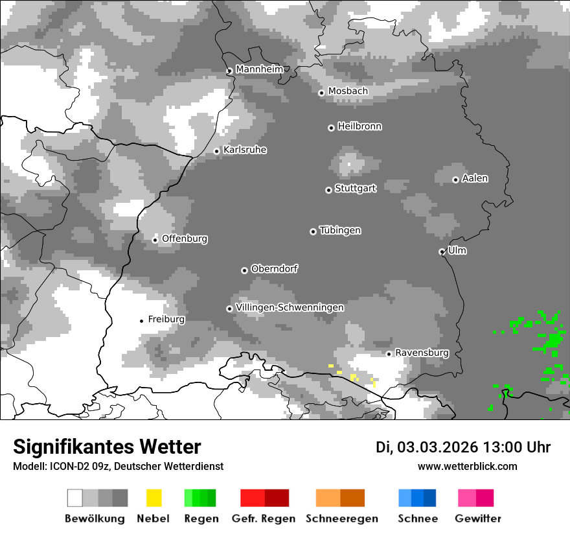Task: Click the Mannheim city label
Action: (x=259, y=69)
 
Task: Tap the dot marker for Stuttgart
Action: (x=328, y=190)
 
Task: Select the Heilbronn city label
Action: (x=359, y=126)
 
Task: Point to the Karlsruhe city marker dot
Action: (x=217, y=152)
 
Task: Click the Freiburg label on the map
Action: (x=166, y=320)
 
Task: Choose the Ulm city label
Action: (x=457, y=250)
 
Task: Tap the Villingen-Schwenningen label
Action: (x=290, y=307)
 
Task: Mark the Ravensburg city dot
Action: (x=389, y=354)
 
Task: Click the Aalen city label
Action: (x=475, y=178)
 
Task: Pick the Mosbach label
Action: (x=348, y=91)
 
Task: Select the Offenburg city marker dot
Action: (x=155, y=240)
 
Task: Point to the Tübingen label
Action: (x=340, y=230)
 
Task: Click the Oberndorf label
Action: (x=274, y=268)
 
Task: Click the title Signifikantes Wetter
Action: (x=107, y=447)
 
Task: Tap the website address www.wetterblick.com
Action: (x=467, y=466)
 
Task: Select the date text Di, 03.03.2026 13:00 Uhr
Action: (x=463, y=447)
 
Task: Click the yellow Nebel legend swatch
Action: (x=154, y=498)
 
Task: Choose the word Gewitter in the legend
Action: (x=477, y=519)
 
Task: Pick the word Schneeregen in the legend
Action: (x=341, y=519)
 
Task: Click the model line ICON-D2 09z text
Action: (x=118, y=466)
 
